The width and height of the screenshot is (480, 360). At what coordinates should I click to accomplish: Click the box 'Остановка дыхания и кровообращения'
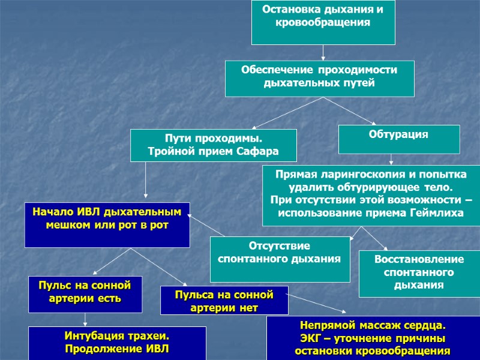(x=323, y=22)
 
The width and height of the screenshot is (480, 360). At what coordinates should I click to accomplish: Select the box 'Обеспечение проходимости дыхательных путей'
(x=319, y=78)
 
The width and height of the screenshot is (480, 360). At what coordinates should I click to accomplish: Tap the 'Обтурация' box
(x=399, y=139)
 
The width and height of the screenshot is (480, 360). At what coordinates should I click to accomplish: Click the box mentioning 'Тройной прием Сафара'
(x=214, y=145)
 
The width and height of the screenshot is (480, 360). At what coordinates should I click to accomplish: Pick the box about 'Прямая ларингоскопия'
(x=371, y=196)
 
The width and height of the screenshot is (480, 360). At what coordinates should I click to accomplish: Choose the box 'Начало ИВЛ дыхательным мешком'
(x=107, y=224)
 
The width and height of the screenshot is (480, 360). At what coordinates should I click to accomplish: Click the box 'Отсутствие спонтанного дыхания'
(x=280, y=259)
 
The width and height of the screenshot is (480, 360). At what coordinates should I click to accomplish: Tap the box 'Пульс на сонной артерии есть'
(x=86, y=294)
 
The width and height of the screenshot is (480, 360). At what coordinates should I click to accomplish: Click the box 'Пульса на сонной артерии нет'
(x=224, y=300)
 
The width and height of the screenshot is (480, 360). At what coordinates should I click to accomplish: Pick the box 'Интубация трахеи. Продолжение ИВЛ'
(x=118, y=343)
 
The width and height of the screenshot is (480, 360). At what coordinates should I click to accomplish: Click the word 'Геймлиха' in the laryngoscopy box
(x=437, y=214)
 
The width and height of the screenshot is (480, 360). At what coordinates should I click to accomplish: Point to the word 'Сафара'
(x=258, y=152)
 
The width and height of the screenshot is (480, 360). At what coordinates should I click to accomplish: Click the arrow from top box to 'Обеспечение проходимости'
(x=323, y=53)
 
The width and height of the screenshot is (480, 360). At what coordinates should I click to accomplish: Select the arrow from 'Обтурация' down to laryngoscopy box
(x=392, y=160)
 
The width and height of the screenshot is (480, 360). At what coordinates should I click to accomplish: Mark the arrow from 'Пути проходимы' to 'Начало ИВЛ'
(x=146, y=180)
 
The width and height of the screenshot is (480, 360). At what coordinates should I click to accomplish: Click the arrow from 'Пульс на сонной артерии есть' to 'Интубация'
(x=86, y=320)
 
